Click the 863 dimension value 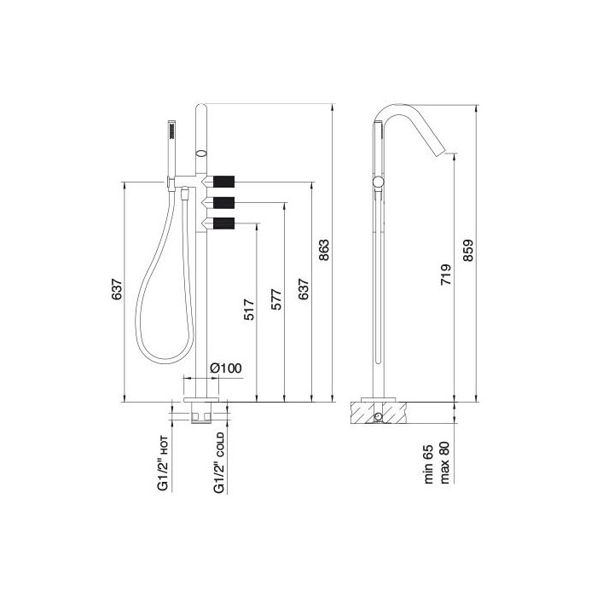(323, 250)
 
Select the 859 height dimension (468, 250)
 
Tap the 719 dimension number (446, 275)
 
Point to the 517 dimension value (249, 309)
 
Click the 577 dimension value (276, 299)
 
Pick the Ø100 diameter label (226, 368)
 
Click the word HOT (164, 446)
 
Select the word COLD (220, 444)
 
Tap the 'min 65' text (429, 464)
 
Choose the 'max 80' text (444, 462)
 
